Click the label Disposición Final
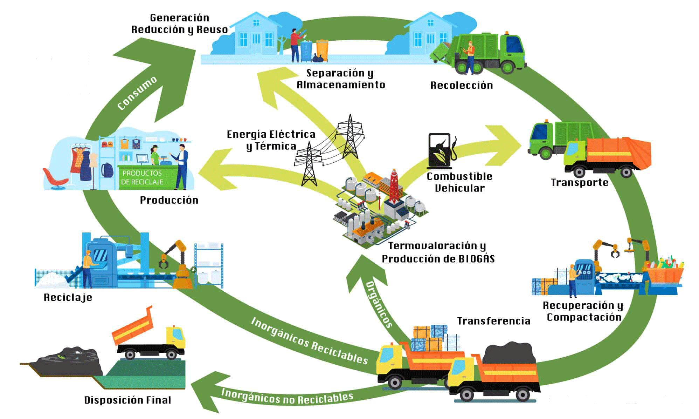pos(127,400)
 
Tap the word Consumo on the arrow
pos(137,93)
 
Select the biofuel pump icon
pos(442,151)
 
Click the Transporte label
pos(580,182)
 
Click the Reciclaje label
pos(68,297)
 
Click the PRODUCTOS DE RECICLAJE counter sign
pos(142,177)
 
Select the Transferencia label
pos(493,321)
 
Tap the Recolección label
pos(462,85)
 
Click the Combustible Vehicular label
pos(459,182)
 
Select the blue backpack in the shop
pos(107,170)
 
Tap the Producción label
pos(169,200)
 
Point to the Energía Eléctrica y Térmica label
pos(271,140)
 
